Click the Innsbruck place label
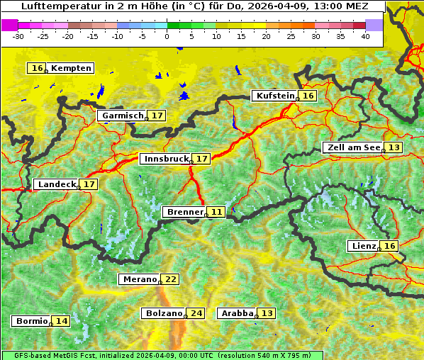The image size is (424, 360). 165,159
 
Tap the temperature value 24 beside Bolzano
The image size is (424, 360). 196,313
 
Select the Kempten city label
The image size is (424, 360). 71,68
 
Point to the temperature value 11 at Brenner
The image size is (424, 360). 216,212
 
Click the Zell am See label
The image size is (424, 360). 352,147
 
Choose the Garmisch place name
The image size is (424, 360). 122,116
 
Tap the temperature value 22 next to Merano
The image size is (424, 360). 171,279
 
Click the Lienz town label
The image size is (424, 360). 363,246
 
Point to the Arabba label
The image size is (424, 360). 237,313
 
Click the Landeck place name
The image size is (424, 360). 56,184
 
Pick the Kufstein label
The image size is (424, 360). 274,96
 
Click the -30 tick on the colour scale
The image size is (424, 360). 18,36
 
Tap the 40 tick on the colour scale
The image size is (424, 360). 365,36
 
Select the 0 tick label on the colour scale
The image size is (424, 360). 167,36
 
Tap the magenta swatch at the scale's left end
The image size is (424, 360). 10,25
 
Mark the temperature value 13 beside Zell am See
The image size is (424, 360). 394,147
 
